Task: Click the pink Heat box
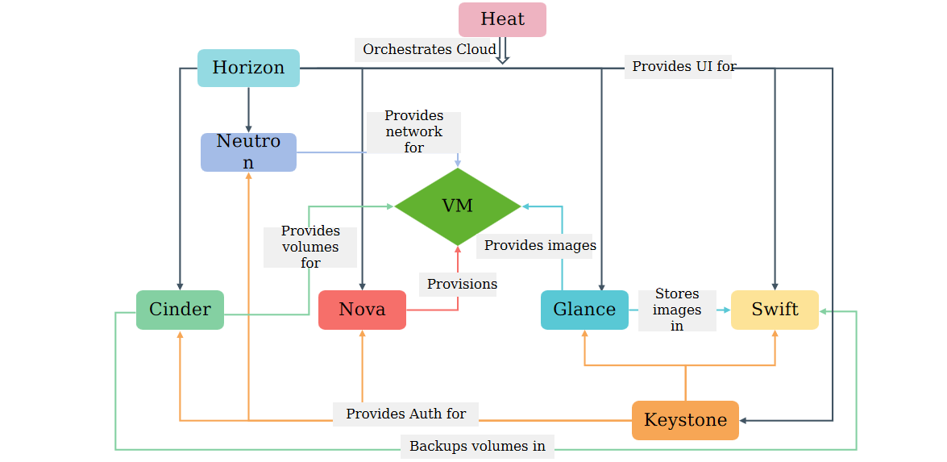tap(502, 19)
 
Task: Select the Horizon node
tap(248, 68)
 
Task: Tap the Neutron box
tap(248, 152)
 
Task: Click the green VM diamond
tap(458, 206)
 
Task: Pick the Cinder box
tap(180, 310)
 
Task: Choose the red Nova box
tap(363, 310)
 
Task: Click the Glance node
tap(584, 310)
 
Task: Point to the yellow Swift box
tap(775, 310)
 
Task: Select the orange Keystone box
tap(686, 420)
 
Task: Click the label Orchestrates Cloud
tap(430, 49)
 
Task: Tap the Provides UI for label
tap(684, 66)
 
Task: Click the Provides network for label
tap(413, 131)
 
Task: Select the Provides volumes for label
tap(310, 247)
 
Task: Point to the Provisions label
tap(462, 284)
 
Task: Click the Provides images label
tap(540, 245)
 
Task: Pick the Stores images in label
tap(677, 310)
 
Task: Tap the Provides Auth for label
tap(406, 414)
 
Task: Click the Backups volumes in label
tap(477, 447)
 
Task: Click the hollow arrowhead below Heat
tap(502, 59)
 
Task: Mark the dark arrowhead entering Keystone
tap(743, 420)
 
